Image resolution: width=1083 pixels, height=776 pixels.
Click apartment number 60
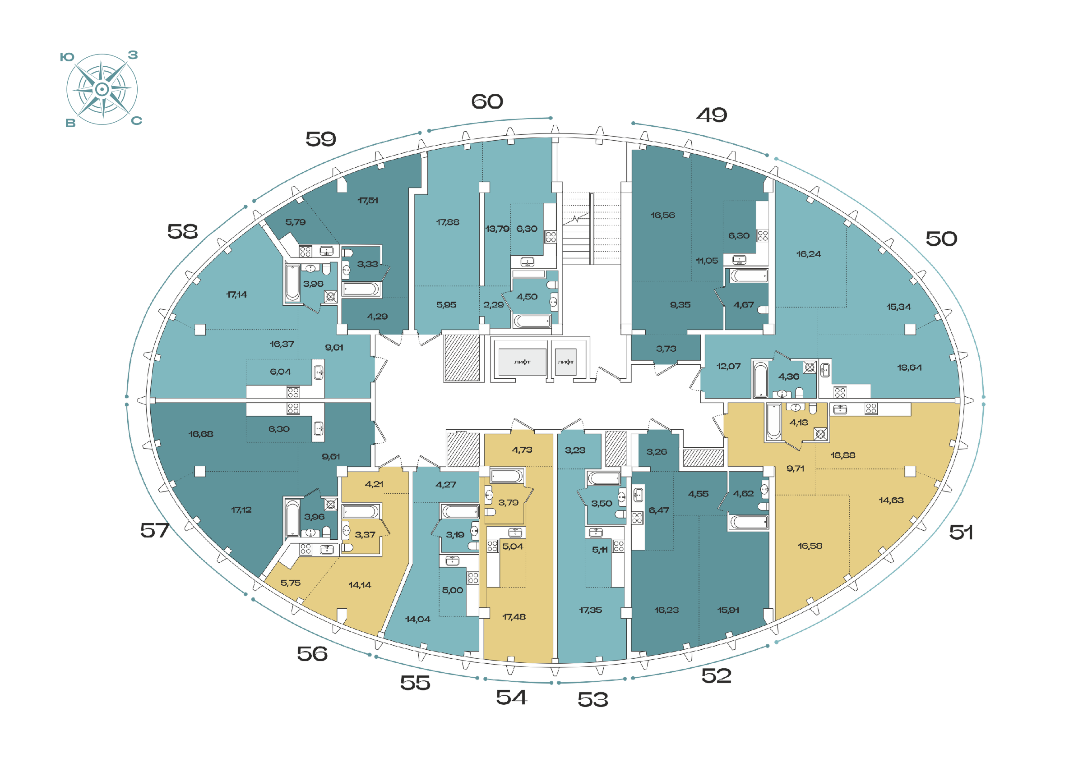click(x=487, y=101)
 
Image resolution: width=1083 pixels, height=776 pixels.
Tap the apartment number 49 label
click(x=712, y=115)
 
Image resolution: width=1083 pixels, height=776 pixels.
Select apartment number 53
click(x=592, y=700)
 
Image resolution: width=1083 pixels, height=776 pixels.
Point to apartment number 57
click(x=155, y=530)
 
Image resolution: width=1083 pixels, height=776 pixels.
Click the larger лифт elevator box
click(x=522, y=362)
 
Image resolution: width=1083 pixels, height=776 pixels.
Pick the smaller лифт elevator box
click(x=565, y=362)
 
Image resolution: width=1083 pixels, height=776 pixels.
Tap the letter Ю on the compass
click(x=67, y=57)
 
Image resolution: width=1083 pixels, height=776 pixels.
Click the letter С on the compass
click(x=137, y=121)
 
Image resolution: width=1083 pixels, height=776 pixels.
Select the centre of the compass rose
click(x=102, y=89)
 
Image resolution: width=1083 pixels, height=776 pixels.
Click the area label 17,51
click(x=368, y=201)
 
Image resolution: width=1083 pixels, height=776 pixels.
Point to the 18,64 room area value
click(x=909, y=367)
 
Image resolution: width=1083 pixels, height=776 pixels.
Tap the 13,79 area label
click(x=497, y=229)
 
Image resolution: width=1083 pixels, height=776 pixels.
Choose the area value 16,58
click(x=810, y=546)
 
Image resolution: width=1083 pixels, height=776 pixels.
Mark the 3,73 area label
click(x=666, y=349)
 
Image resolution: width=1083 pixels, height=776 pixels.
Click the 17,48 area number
click(x=514, y=617)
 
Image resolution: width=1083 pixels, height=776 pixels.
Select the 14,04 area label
click(x=417, y=620)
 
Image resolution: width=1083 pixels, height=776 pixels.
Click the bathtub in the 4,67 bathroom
click(x=748, y=276)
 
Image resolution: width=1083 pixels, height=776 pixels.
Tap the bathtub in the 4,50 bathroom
click(x=532, y=321)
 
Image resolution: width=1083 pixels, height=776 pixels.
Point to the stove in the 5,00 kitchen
click(x=473, y=578)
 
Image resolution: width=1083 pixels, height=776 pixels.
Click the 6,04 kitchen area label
click(x=280, y=372)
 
